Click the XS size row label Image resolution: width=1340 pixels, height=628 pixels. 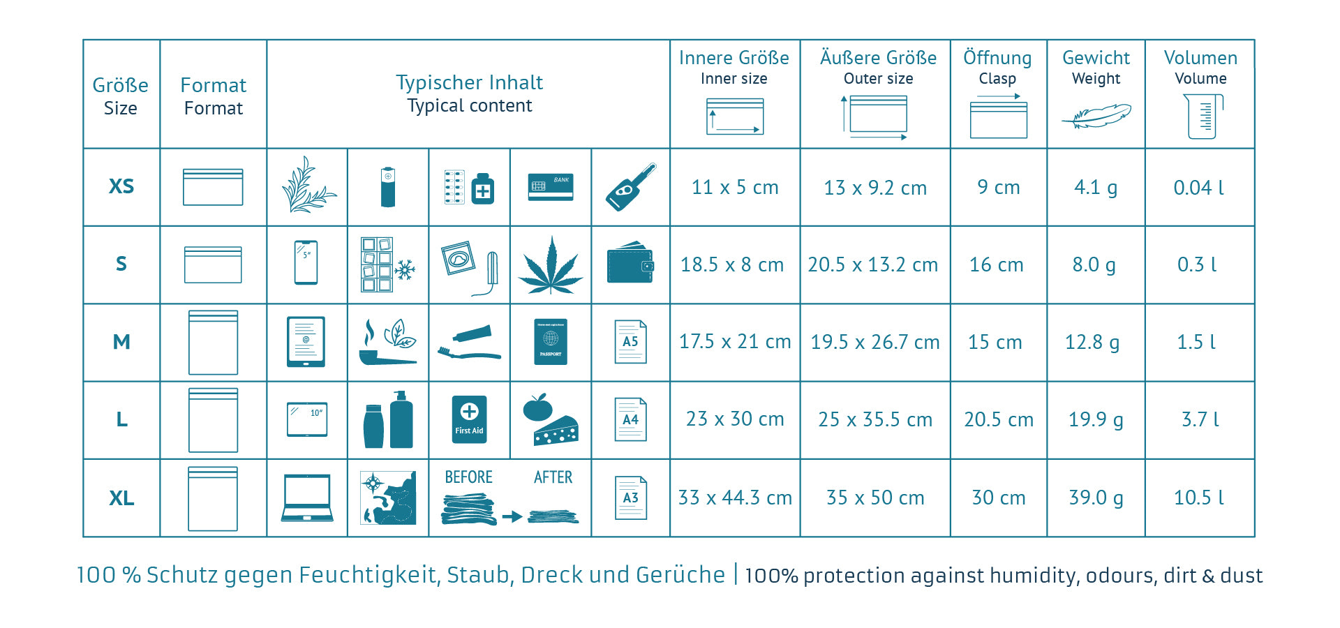pos(121,186)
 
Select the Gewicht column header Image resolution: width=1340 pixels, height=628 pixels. pos(1096,58)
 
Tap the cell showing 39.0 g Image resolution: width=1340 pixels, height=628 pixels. pos(1096,498)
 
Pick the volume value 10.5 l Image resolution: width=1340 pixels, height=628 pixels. pos(1199,498)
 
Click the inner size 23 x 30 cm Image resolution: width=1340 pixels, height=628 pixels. pos(735,419)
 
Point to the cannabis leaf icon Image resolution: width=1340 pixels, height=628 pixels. pos(551,265)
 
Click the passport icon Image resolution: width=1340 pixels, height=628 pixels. pos(551,342)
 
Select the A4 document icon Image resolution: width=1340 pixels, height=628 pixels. pos(630,419)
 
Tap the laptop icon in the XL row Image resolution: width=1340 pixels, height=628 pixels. pos(307,498)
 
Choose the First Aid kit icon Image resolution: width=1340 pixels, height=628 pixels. pos(469,419)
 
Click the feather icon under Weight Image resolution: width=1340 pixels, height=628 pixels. pos(1096,116)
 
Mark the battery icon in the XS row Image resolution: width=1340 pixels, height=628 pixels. pos(388,187)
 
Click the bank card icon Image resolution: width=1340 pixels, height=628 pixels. pos(551,187)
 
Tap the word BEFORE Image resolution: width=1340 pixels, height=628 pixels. pos(468,477)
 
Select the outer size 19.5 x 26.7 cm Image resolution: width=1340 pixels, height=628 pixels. pos(874,342)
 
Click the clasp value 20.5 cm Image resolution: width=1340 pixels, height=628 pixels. pos(998,419)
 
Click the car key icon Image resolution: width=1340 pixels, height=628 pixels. pos(630,187)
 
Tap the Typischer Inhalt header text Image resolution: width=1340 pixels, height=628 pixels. pos(469,82)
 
